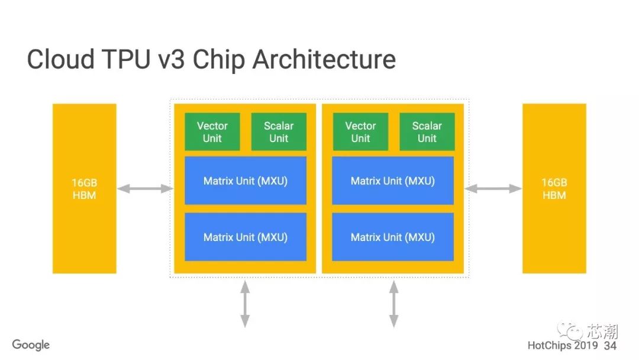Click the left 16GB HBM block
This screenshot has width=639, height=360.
84,188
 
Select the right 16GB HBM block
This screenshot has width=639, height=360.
554,188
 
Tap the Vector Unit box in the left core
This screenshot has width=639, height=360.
212,132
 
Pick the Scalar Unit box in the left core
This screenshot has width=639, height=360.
279,132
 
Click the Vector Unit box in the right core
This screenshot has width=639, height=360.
360,132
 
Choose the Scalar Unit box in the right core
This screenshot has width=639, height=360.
427,132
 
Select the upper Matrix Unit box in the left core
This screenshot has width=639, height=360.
246,181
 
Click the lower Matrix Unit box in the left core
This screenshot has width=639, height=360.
246,237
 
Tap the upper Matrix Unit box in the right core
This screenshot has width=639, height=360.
393,181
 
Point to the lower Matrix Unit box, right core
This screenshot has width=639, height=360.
393,237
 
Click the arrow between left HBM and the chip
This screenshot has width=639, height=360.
144,189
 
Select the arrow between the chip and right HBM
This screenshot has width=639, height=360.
493,189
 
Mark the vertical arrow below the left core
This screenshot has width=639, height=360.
245,304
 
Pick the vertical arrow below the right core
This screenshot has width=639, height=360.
393,304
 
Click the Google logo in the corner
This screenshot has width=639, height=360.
31,345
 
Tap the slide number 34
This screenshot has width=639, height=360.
610,345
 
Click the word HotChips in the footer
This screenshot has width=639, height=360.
550,345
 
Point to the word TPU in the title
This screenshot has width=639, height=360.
130,60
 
